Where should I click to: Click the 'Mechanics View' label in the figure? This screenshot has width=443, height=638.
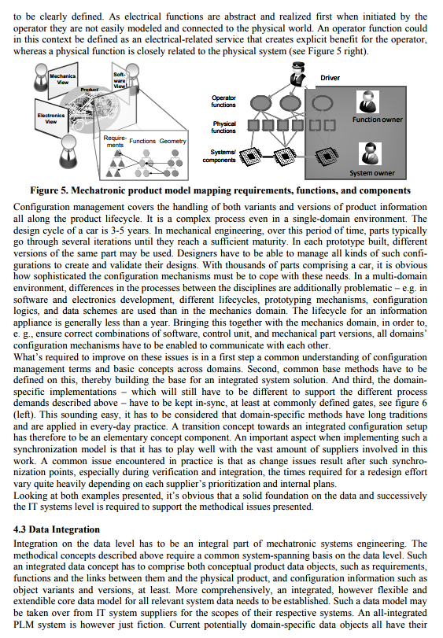(x=64, y=79)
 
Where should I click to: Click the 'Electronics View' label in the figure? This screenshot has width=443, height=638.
(x=52, y=119)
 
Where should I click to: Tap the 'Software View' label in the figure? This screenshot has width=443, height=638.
(x=120, y=79)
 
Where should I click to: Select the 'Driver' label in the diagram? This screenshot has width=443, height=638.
(x=330, y=78)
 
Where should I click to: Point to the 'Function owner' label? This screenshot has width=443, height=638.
(x=378, y=120)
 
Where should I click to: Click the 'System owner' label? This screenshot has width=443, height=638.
(x=372, y=173)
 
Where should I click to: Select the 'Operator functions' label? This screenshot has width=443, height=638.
(x=223, y=101)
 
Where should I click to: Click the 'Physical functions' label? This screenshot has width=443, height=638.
(x=223, y=127)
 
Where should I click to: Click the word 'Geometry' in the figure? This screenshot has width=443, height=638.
(x=173, y=141)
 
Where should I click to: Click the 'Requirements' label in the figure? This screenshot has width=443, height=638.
(x=115, y=142)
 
